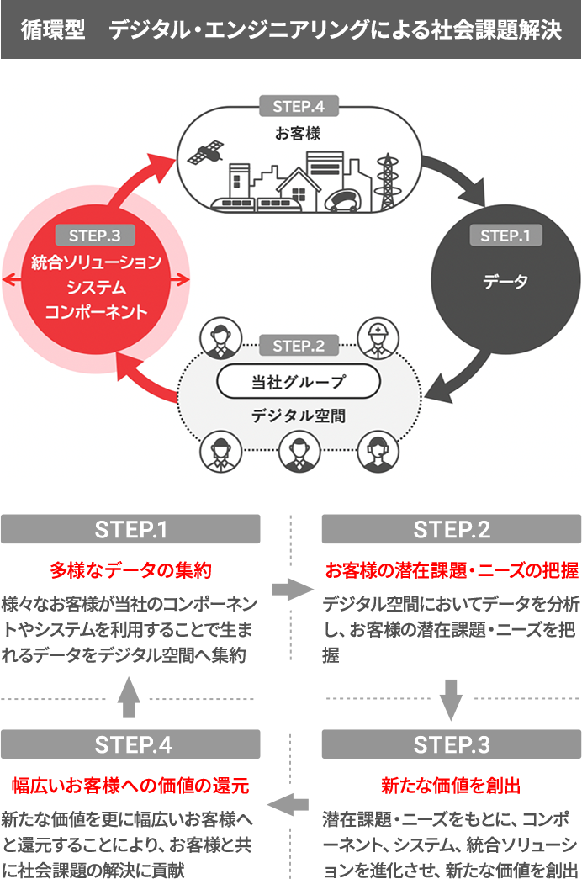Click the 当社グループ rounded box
click(x=299, y=381)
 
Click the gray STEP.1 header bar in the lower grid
click(x=130, y=529)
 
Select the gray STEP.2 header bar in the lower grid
click(x=451, y=529)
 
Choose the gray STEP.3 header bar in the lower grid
click(x=451, y=744)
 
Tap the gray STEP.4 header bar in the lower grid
click(x=130, y=744)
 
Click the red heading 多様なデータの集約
click(x=130, y=569)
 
